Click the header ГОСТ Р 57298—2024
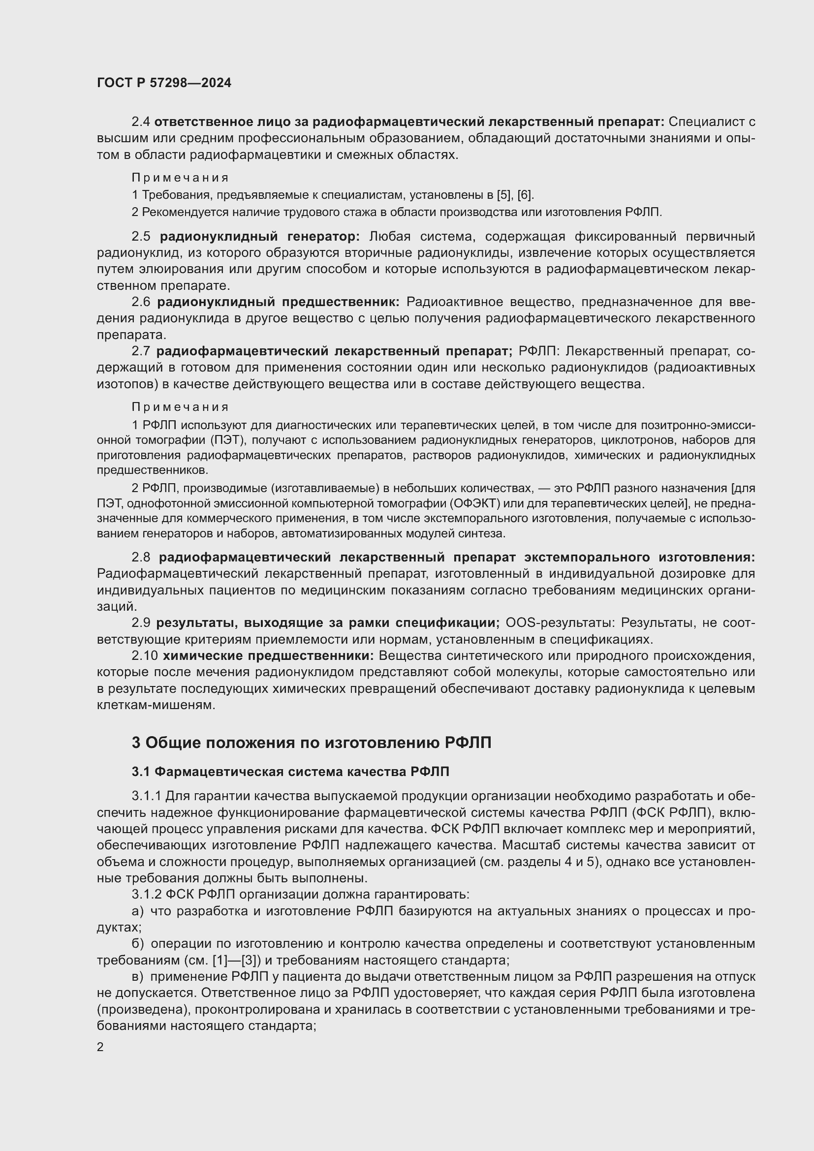coord(164,83)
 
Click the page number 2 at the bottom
coord(100,1047)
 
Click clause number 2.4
coord(140,122)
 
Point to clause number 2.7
coord(140,351)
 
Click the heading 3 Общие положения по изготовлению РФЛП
coord(311,743)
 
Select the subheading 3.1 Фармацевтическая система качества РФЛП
coord(290,772)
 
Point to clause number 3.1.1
coord(146,796)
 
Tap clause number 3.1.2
coord(146,895)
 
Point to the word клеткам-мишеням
coord(156,705)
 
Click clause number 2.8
coord(140,558)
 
